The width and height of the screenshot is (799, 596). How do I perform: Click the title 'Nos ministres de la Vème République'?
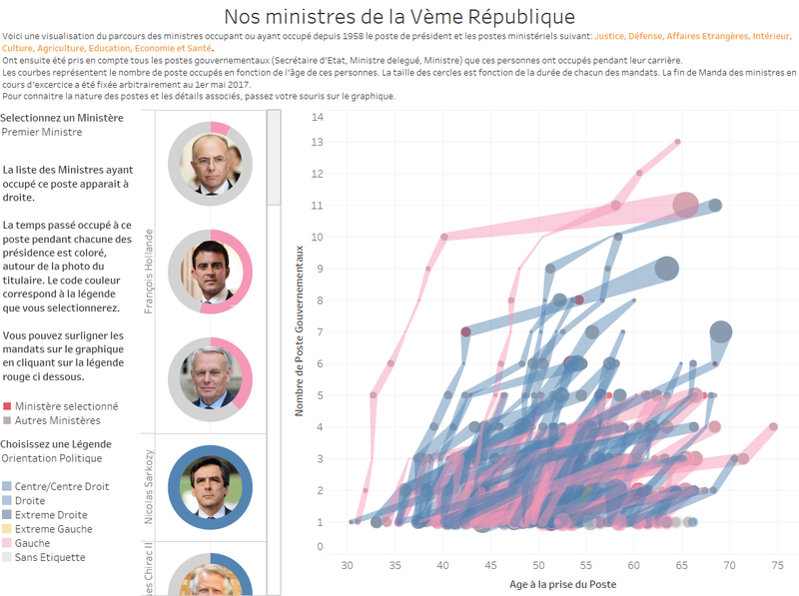[399, 16]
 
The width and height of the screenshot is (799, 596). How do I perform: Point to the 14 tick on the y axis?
[318, 117]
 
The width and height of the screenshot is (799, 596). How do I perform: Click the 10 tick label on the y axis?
[318, 237]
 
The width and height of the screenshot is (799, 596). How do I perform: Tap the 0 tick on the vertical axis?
[320, 546]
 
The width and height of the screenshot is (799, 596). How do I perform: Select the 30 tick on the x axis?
[347, 565]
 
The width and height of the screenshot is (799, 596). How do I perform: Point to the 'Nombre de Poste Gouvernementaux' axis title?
[301, 331]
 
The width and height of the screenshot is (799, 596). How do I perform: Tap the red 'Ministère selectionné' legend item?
[66, 406]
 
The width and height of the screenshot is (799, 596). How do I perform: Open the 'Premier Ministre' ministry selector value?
[40, 132]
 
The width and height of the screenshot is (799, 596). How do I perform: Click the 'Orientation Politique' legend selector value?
[51, 458]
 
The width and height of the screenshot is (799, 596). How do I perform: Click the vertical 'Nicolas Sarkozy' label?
[150, 486]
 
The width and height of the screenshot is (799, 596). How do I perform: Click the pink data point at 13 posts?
[677, 142]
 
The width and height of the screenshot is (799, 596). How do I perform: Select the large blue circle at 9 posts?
[666, 269]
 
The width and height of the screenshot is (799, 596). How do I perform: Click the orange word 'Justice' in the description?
[612, 36]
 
